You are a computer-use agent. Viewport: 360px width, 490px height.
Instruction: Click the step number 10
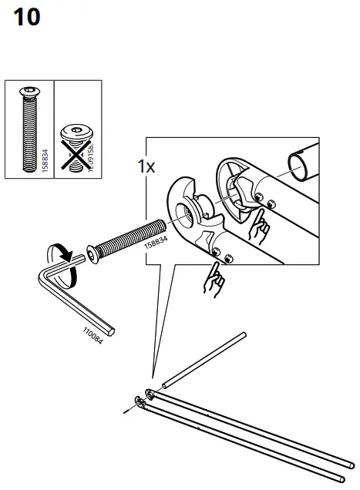[x=27, y=17]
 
